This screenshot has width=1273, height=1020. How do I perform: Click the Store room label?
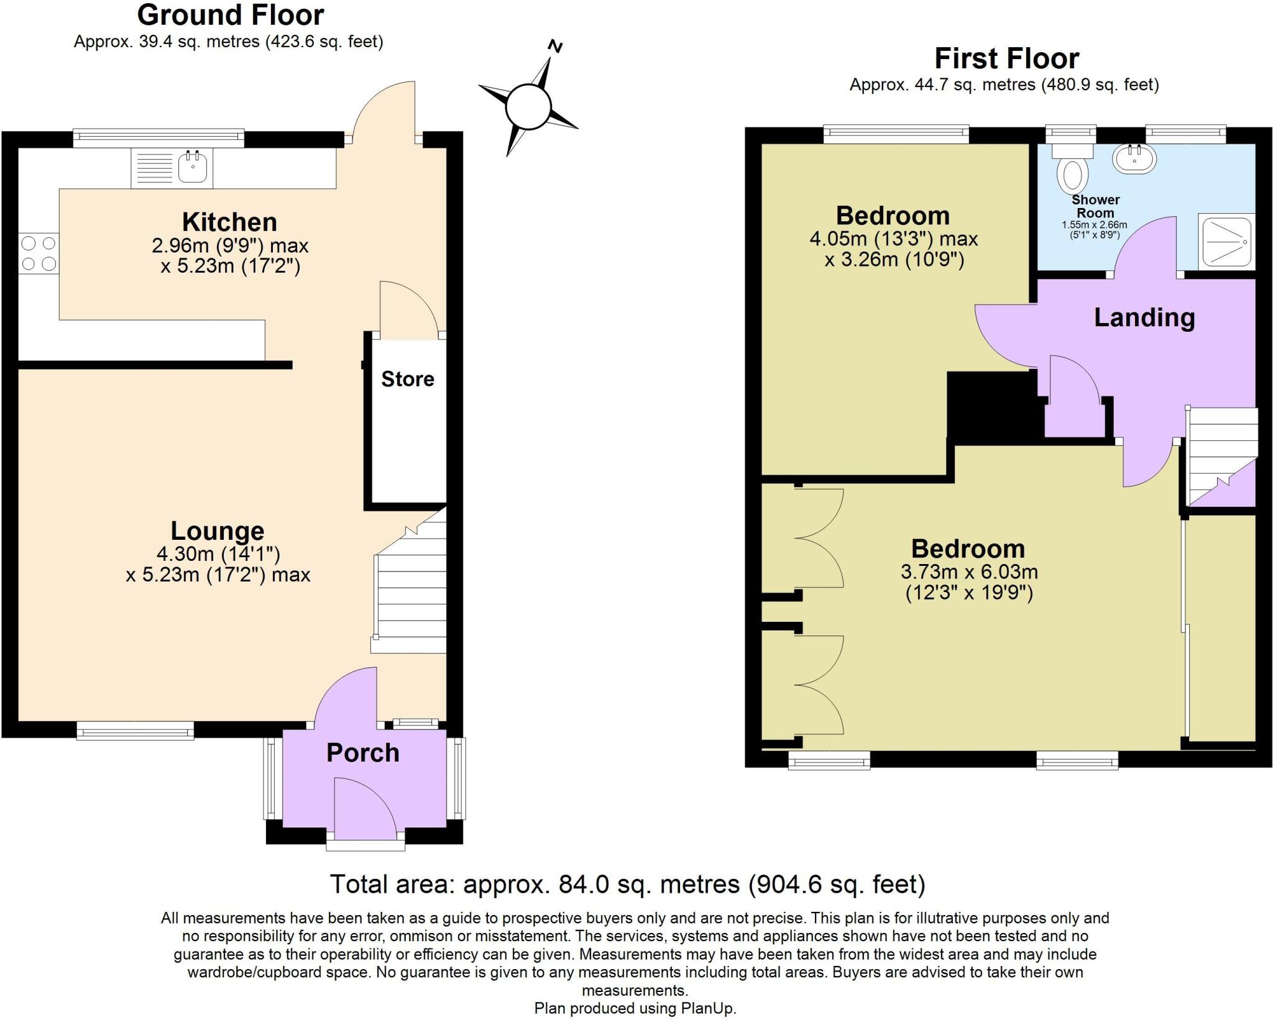[x=407, y=379]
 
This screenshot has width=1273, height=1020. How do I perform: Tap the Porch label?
[x=362, y=753]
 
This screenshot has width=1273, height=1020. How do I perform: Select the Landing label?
[x=1144, y=317]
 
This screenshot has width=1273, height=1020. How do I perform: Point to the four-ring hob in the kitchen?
[x=39, y=253]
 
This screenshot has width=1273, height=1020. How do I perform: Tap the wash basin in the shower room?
[x=1134, y=158]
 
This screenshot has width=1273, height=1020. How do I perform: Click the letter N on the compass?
[x=555, y=47]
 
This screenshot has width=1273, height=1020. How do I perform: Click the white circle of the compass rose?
[x=528, y=107]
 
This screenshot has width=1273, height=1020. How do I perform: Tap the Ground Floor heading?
[x=231, y=15]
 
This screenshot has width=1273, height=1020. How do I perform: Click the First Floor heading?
[x=1006, y=59]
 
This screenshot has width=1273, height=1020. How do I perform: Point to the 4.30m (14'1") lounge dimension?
[x=218, y=553]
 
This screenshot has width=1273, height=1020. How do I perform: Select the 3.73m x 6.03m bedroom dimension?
[x=969, y=571]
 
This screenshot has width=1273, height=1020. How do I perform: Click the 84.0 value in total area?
[x=584, y=884]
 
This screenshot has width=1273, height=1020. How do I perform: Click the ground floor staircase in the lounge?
[x=411, y=590]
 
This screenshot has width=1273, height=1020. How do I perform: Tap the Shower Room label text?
[x=1095, y=206]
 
